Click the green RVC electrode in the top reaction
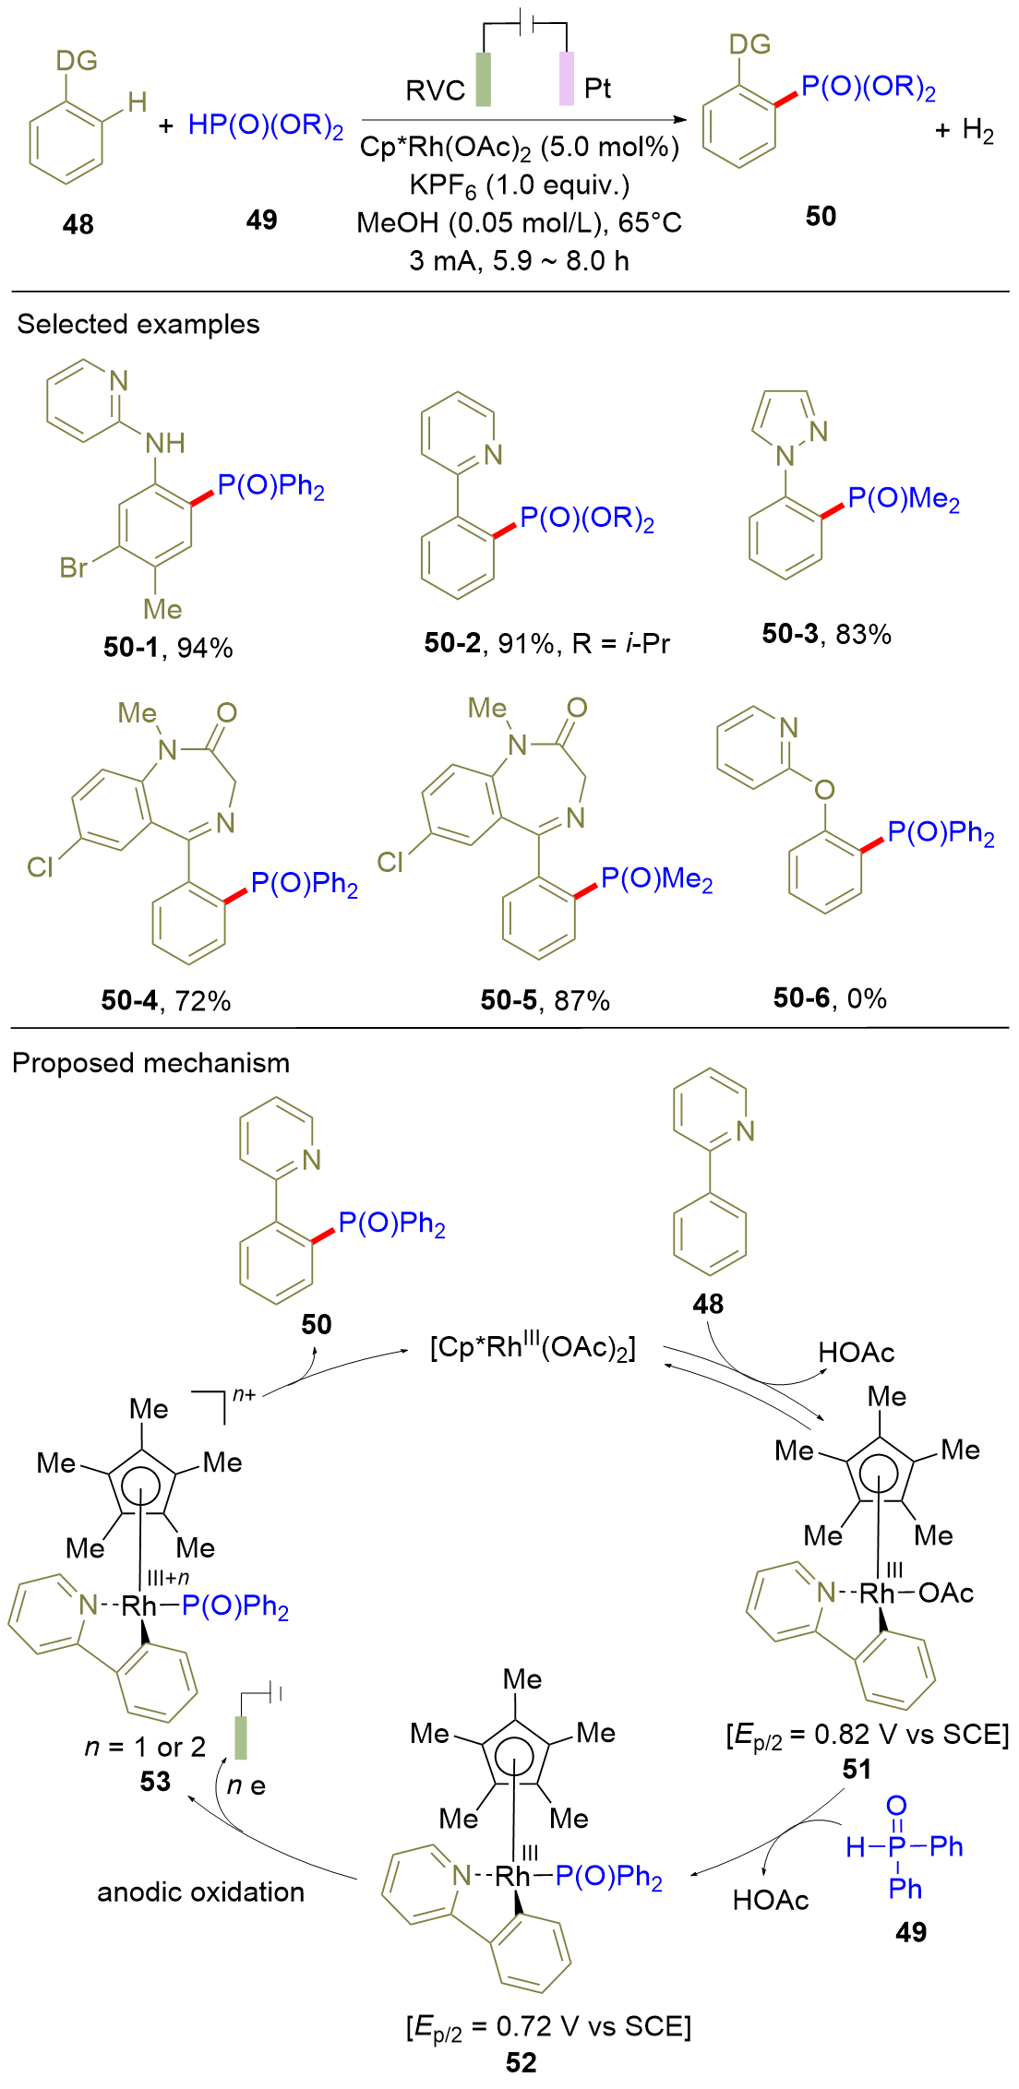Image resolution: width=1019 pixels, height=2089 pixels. (483, 79)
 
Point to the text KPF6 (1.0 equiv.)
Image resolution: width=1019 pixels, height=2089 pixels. (520, 185)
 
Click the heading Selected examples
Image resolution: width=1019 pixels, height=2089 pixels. (138, 325)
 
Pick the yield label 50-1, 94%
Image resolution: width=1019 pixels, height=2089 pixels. (168, 648)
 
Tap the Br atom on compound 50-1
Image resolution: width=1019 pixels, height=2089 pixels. (74, 567)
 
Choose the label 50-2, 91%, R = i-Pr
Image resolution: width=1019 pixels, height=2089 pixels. (546, 643)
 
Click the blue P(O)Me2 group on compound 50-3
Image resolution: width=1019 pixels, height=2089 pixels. (904, 499)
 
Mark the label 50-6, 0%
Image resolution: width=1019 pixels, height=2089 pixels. (830, 997)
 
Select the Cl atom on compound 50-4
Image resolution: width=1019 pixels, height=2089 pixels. (40, 866)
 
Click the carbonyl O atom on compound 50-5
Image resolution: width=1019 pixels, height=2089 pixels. (577, 708)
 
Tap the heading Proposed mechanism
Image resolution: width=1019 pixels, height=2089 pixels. (150, 1063)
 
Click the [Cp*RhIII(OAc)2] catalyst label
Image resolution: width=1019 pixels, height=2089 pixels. (533, 1348)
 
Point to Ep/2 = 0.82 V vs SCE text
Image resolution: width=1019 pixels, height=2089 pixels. (868, 1736)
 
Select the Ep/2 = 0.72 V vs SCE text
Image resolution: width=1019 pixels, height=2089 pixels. (548, 2027)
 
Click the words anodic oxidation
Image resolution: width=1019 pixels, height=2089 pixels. (200, 1892)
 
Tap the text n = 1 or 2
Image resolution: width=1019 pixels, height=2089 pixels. (145, 1747)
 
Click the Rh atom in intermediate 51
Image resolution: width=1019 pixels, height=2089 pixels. (877, 1593)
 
